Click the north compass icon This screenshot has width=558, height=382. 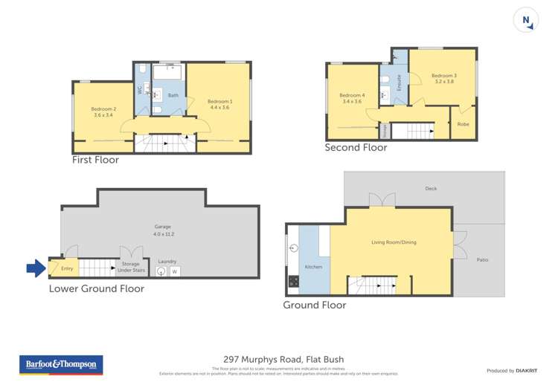(527, 21)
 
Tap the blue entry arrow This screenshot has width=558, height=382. (35, 268)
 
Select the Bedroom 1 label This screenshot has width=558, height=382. (219, 105)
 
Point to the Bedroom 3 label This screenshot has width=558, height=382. (443, 78)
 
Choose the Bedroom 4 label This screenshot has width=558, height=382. (352, 98)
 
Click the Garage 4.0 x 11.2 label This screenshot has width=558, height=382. (162, 230)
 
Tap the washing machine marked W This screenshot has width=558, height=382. (176, 272)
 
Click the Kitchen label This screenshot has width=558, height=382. (313, 266)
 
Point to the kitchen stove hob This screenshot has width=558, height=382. (293, 281)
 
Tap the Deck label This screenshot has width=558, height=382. (431, 189)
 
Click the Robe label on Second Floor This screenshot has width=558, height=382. (463, 123)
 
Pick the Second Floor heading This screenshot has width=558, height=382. (356, 148)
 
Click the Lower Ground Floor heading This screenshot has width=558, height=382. (97, 288)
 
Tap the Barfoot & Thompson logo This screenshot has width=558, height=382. (61, 365)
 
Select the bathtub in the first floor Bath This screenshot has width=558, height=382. (169, 73)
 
